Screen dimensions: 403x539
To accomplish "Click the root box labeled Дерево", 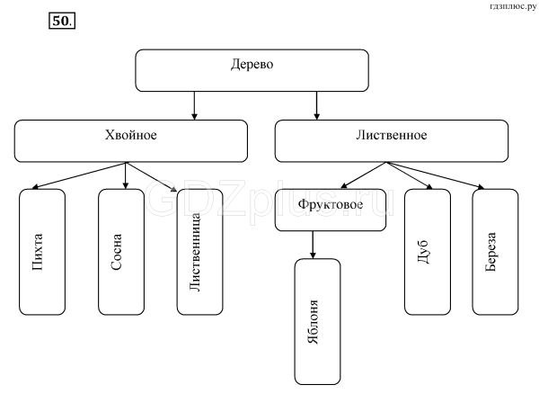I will [x=252, y=70].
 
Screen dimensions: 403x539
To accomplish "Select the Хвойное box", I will [x=131, y=140].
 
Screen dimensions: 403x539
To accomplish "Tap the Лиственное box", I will [x=385, y=140].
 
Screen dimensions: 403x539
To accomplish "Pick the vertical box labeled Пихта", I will [x=42, y=252].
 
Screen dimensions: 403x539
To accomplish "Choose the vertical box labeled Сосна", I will [x=121, y=252].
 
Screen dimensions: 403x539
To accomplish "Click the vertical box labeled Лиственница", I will [x=200, y=252].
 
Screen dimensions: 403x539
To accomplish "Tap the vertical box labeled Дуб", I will [x=427, y=252].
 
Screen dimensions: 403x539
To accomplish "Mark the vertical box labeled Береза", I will [x=495, y=252].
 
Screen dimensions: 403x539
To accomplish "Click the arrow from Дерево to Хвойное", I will [x=194, y=105].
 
